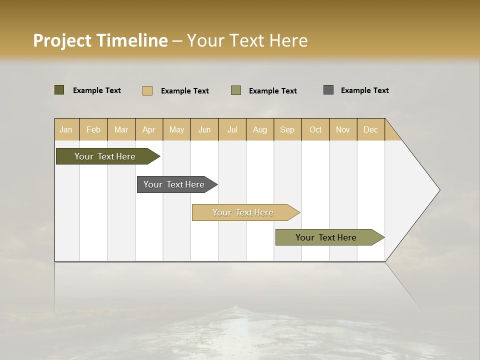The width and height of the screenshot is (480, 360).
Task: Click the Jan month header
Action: pos(66,129)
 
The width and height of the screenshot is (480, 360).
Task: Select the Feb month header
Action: pos(93,129)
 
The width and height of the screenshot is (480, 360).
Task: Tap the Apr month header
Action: pos(149,129)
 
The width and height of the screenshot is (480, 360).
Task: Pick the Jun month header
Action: pos(204,129)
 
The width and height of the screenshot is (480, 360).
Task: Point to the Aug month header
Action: pos(260,129)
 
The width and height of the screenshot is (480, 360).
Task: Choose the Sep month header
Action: pos(287,129)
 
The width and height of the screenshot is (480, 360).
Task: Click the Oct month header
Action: pos(315,129)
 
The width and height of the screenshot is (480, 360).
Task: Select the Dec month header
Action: pos(371,129)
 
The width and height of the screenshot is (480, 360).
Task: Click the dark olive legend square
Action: pos(59,90)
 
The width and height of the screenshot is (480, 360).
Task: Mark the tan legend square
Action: pos(147,90)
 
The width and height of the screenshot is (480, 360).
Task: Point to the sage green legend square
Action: pos(236,90)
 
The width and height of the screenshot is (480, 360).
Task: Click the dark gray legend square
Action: pos(328,90)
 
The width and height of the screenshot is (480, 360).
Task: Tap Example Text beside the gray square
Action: pos(364,90)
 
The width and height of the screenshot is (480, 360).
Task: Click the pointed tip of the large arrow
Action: pos(438,190)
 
